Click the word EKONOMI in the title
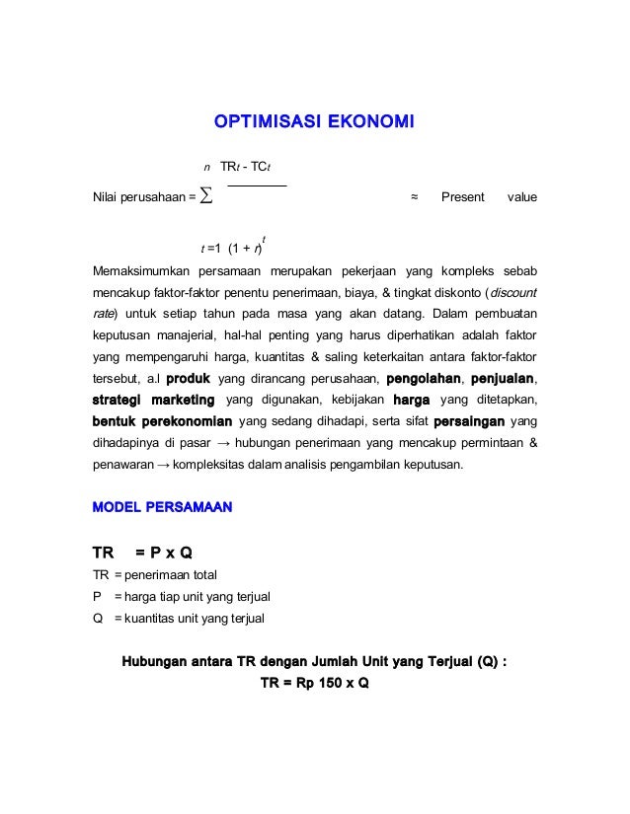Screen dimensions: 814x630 pyautogui.click(x=365, y=122)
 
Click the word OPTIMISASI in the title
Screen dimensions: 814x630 pyautogui.click(x=260, y=122)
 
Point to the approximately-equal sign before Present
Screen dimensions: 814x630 pyautogui.click(x=415, y=196)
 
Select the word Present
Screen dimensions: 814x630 pyautogui.click(x=462, y=196)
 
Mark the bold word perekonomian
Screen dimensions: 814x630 pyautogui.click(x=187, y=421)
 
